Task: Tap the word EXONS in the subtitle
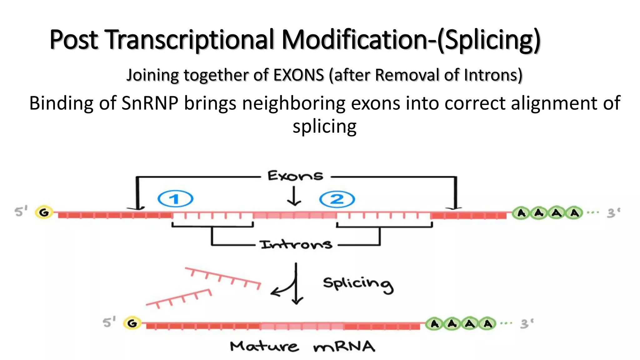(298, 75)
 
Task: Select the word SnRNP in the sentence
(150, 103)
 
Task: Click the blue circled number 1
(175, 199)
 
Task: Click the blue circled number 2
(337, 199)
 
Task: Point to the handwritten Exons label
(295, 176)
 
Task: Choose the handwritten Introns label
(296, 244)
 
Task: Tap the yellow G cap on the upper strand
(44, 213)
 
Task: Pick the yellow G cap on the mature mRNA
(132, 323)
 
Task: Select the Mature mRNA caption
(302, 347)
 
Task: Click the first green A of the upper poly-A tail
(521, 213)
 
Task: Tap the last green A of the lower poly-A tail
(487, 324)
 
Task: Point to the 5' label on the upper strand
(21, 212)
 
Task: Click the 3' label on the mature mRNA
(527, 324)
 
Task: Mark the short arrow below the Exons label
(294, 196)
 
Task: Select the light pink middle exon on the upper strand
(294, 215)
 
